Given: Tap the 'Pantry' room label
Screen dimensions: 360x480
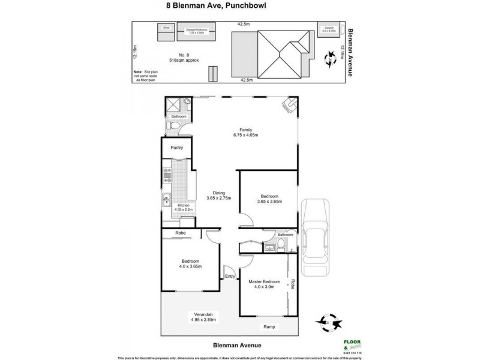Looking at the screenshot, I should coord(176,147).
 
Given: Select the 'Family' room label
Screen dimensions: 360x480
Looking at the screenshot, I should coord(246,130).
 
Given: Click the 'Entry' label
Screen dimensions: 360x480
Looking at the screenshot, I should coord(230,276).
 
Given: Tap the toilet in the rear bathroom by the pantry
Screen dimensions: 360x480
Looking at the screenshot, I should coord(172,127).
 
